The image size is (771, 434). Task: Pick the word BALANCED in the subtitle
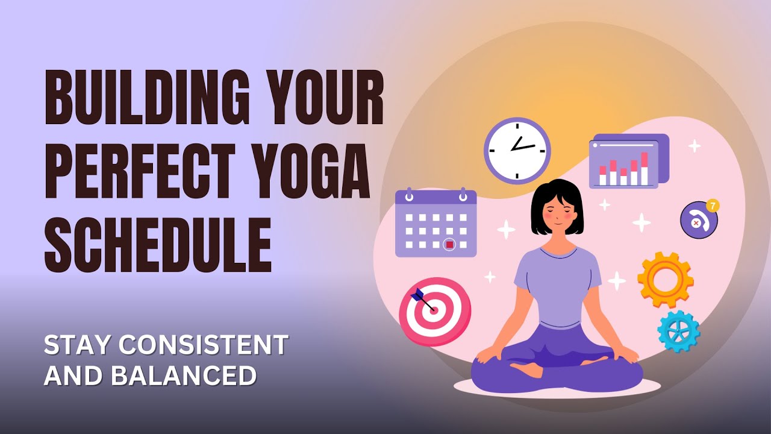click(184, 375)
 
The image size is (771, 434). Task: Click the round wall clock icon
click(517, 150)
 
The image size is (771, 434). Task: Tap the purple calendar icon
click(435, 223)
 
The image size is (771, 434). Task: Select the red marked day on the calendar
click(449, 244)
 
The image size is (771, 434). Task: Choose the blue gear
click(678, 331)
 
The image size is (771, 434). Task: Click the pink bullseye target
click(435, 312)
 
